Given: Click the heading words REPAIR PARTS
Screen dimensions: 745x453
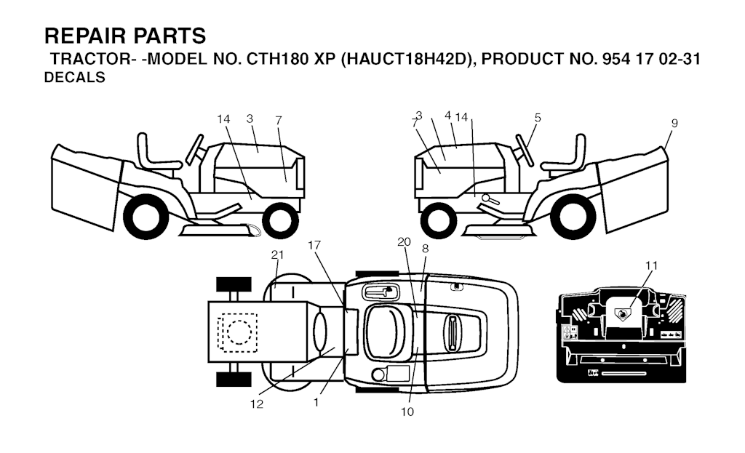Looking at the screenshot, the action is (125, 36).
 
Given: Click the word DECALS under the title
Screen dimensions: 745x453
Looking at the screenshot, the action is (75, 77).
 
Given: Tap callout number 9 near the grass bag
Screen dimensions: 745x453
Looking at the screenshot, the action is (674, 124).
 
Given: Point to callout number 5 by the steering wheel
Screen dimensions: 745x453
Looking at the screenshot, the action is (538, 118).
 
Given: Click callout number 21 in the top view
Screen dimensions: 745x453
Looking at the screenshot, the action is (277, 255).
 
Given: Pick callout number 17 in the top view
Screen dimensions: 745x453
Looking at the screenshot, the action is (314, 245).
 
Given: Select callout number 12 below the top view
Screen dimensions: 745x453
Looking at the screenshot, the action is (257, 404).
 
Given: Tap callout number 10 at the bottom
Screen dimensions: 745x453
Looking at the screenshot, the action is (407, 412).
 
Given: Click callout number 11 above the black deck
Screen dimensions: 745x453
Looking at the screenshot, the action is (651, 266).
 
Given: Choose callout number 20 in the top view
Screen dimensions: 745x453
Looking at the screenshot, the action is (404, 242).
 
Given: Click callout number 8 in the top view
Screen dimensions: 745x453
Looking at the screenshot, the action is (425, 249).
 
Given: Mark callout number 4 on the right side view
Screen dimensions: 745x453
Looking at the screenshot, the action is (447, 116).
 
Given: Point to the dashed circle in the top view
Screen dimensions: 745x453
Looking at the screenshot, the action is (239, 332).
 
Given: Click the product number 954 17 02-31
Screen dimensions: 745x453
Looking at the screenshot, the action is (651, 59).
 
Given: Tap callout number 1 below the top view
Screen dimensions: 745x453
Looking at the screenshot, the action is (316, 402).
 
